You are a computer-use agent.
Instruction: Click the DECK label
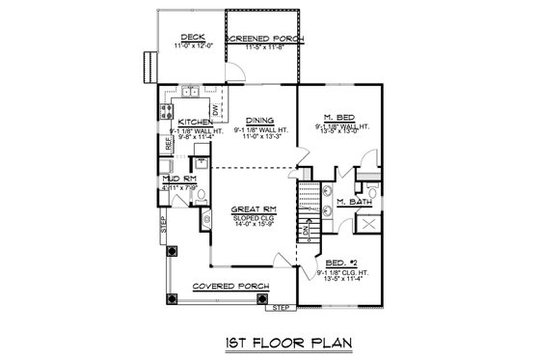point(188,38)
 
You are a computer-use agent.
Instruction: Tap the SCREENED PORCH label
point(264,38)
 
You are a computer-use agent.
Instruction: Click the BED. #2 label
point(341,262)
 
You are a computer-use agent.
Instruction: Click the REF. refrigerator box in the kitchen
point(168,143)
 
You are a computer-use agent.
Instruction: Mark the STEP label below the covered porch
point(279,307)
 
